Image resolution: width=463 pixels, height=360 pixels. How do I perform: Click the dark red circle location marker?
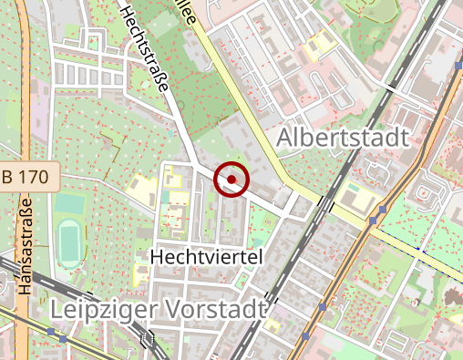click(231, 179)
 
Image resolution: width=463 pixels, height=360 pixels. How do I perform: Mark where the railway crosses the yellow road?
click(326, 203)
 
